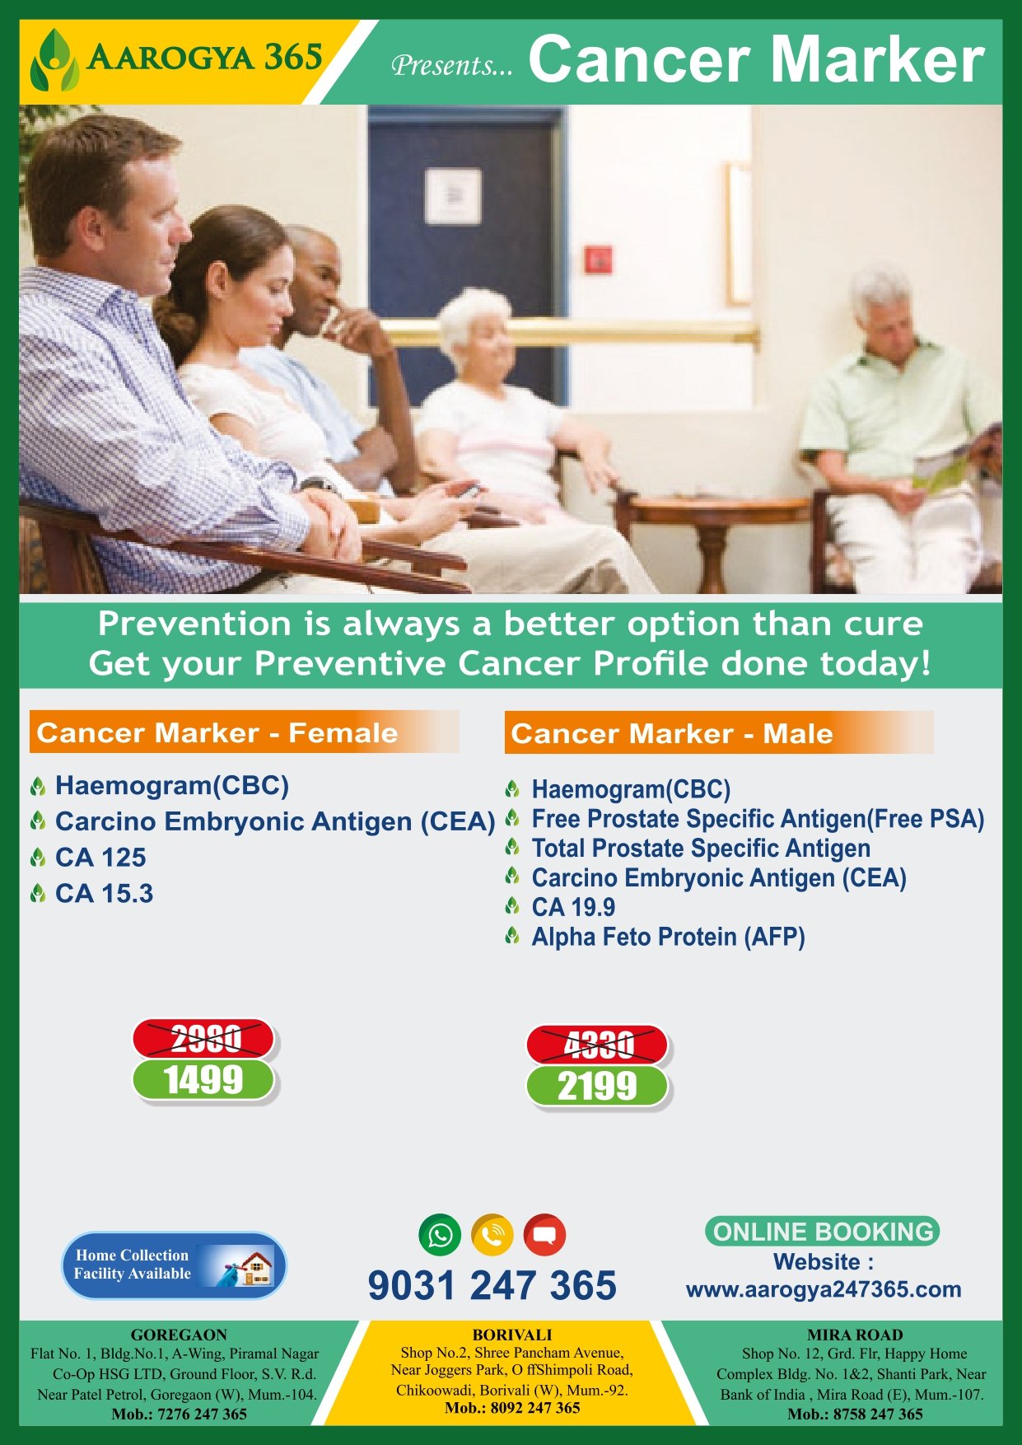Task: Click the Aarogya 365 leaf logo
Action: click(54, 60)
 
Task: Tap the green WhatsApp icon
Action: click(440, 1235)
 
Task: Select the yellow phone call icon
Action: click(492, 1235)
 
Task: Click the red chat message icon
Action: click(544, 1235)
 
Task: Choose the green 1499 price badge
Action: click(203, 1080)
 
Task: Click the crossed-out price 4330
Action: click(598, 1045)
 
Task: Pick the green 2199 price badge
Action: click(598, 1087)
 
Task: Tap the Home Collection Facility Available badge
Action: click(174, 1265)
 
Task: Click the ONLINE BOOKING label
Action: click(822, 1232)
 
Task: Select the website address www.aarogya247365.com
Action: click(824, 1289)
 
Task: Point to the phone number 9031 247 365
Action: click(492, 1285)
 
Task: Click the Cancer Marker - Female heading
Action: click(217, 732)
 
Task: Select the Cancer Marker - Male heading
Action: click(672, 733)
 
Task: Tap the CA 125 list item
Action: click(100, 858)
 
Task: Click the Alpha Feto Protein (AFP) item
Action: click(668, 937)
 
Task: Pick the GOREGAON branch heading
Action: click(179, 1335)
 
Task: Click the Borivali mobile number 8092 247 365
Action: click(512, 1408)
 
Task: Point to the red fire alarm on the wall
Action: click(598, 260)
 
